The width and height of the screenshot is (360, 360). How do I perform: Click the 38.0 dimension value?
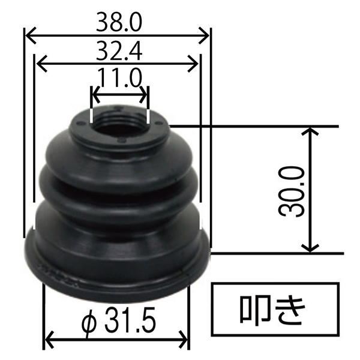pyautogui.click(x=119, y=23)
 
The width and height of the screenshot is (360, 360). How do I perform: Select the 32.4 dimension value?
pyautogui.click(x=119, y=52)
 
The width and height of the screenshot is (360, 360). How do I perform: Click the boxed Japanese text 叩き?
pyautogui.click(x=273, y=310)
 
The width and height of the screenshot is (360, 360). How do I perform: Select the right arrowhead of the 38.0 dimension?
pyautogui.click(x=204, y=35)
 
